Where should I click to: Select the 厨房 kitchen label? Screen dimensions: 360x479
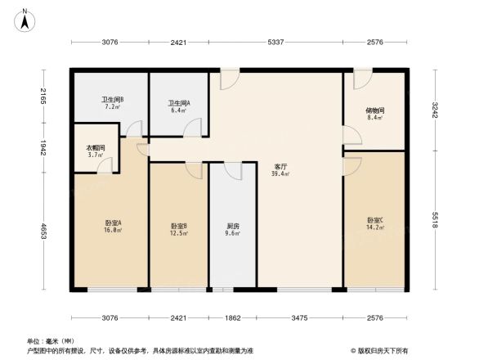coord(233,226)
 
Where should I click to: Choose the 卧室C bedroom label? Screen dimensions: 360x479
coord(375,220)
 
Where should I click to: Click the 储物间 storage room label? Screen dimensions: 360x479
coord(375,110)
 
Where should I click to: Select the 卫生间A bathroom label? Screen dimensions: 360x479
coord(179,103)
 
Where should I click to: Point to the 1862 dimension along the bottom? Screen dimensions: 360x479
coord(233,317)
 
